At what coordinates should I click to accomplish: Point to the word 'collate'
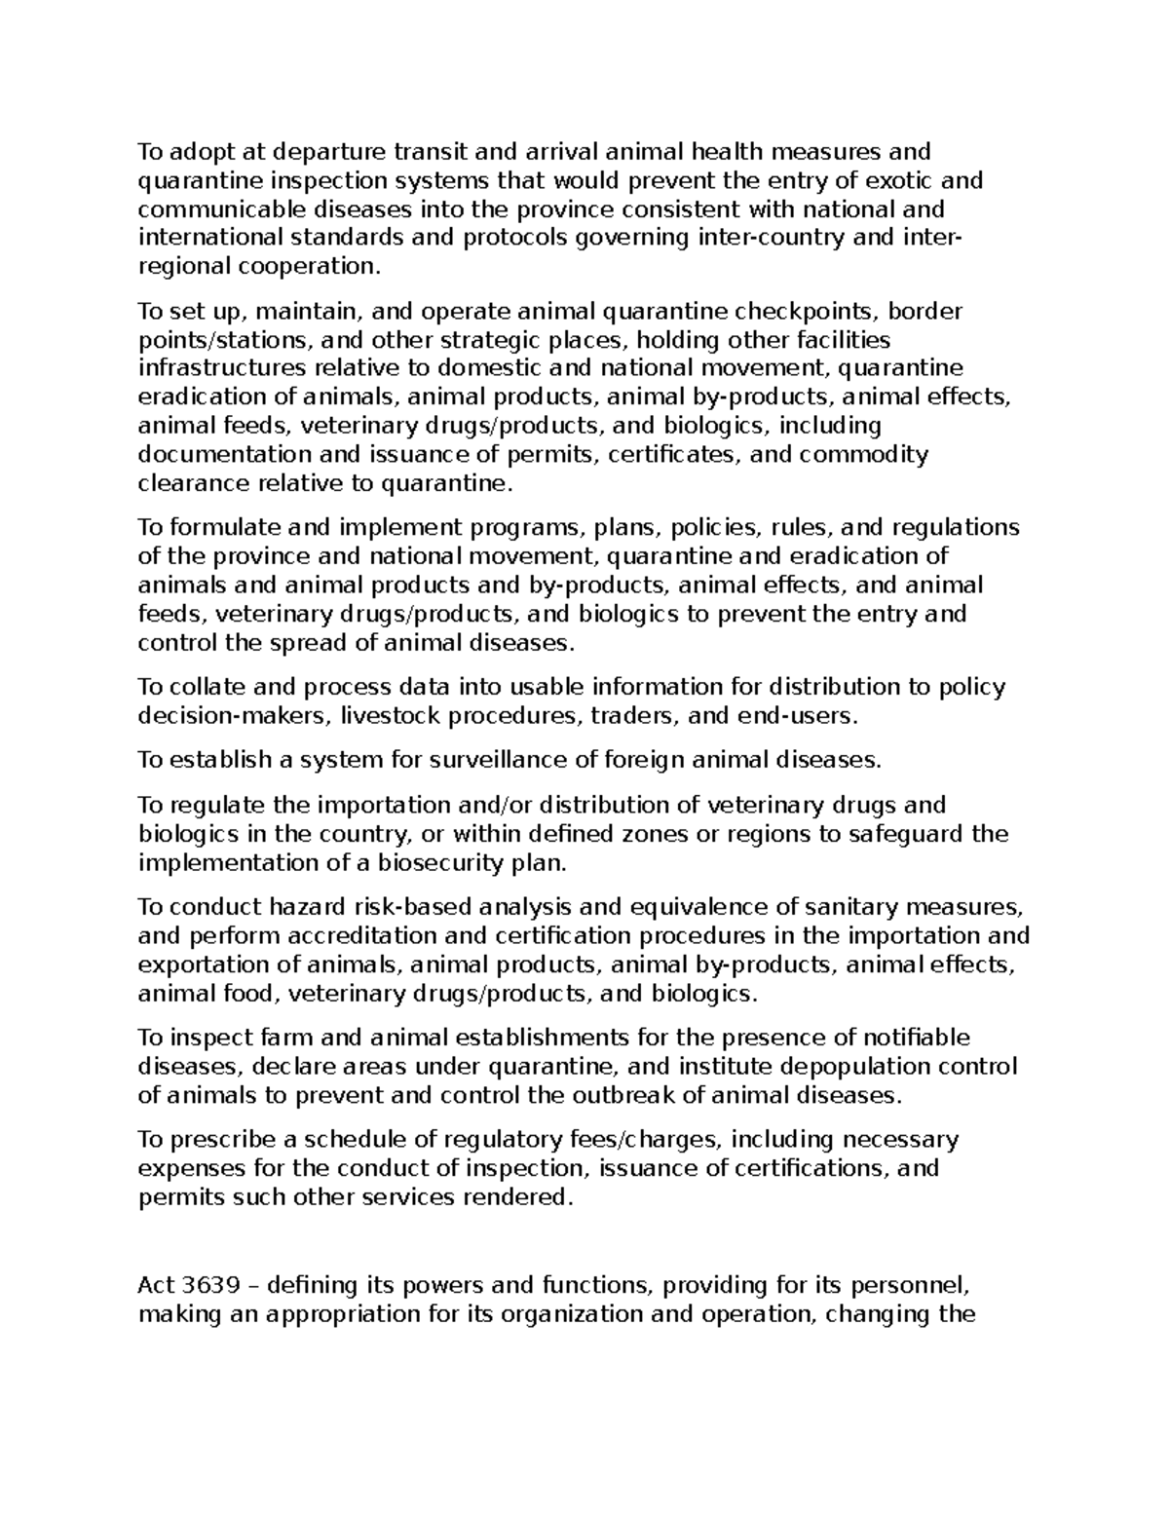tap(207, 687)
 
